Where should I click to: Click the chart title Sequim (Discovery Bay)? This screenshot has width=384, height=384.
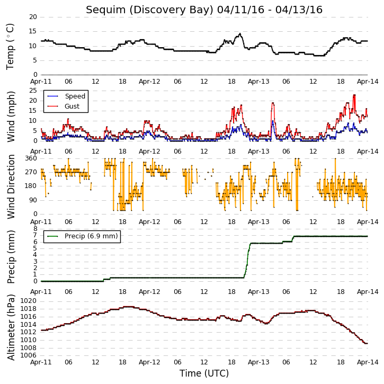[x=150, y=10]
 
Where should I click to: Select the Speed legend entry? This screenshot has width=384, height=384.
[x=66, y=96]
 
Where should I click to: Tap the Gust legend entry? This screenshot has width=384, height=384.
[x=64, y=106]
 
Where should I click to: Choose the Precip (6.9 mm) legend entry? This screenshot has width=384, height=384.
[x=83, y=236]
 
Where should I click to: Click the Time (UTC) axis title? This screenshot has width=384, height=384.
[x=204, y=373]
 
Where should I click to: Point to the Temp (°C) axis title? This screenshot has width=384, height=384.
[x=10, y=47]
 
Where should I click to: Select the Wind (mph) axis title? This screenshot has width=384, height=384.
[x=11, y=117]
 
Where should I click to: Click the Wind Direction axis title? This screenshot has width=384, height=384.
[x=11, y=186]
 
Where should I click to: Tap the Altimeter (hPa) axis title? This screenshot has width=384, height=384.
[x=11, y=327]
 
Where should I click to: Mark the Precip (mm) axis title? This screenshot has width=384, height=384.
[x=11, y=257]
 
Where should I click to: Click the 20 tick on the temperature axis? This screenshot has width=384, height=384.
[x=33, y=17]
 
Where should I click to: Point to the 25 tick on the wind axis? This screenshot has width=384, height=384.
[x=33, y=91]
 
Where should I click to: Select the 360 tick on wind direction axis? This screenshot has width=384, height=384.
[x=31, y=158]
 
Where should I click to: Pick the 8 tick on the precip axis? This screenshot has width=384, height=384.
[x=35, y=229]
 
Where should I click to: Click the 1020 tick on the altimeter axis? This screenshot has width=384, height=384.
[x=29, y=301]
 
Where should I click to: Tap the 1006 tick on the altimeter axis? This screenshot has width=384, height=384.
[x=29, y=355]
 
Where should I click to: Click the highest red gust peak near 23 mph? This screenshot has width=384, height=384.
[x=354, y=95]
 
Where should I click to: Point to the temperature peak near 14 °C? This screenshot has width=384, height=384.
[x=240, y=34]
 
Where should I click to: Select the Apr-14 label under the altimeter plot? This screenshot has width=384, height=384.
[x=368, y=362]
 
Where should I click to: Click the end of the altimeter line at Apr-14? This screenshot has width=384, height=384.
[x=368, y=343]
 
